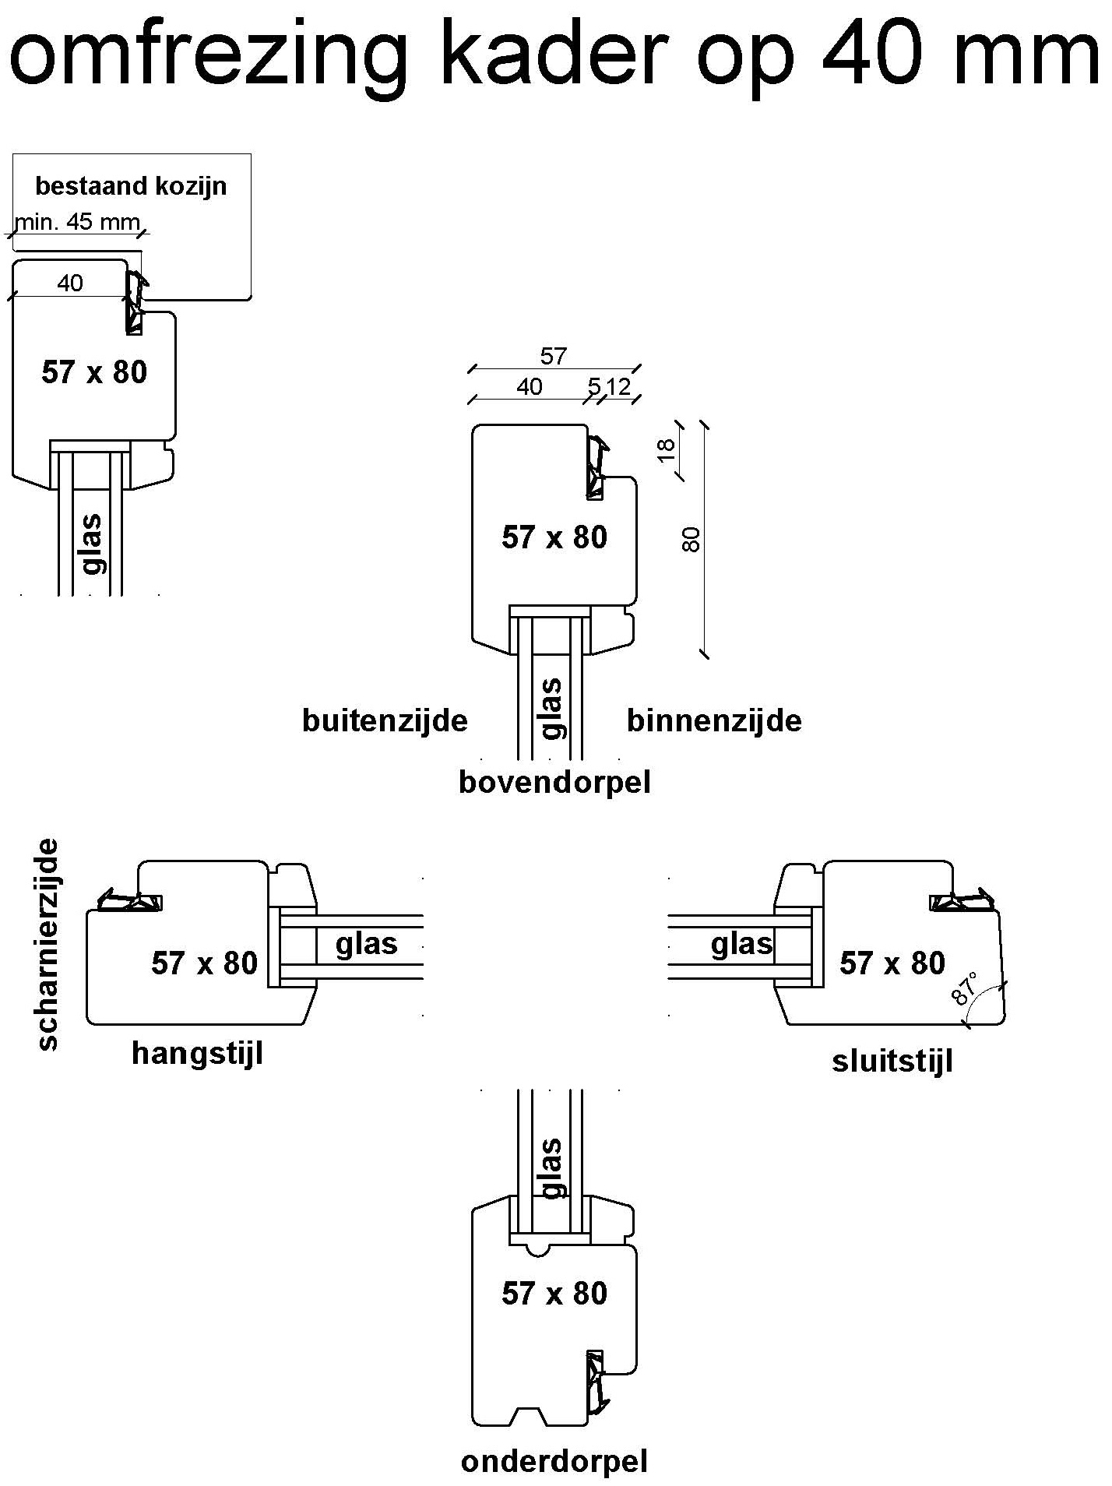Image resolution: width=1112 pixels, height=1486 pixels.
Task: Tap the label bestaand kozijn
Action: coord(131,186)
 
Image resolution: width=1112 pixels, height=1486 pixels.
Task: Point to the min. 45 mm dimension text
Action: coord(77,223)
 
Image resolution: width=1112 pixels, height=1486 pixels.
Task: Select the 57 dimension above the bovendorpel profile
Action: coord(553,357)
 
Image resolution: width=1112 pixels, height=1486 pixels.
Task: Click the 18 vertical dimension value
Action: coord(667,449)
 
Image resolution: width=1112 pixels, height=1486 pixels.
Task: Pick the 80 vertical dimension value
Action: coord(691,539)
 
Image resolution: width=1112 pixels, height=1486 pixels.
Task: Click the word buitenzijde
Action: coord(385,720)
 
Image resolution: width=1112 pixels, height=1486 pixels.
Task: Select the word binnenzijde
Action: coord(714,720)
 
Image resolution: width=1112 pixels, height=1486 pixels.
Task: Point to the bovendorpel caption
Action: coord(554,782)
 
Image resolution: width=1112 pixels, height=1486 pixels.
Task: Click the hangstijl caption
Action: coord(197,1053)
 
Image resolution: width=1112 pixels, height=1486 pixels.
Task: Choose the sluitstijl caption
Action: coord(892,1061)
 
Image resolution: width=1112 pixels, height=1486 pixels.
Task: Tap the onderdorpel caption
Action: coord(554,1462)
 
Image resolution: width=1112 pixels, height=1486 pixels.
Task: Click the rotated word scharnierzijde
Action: coord(48,944)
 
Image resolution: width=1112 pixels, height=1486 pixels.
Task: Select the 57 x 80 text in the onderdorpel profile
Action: coord(554,1293)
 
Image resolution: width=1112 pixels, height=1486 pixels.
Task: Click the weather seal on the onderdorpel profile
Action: coord(596,1381)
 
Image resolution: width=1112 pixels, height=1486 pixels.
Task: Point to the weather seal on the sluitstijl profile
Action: coord(964,901)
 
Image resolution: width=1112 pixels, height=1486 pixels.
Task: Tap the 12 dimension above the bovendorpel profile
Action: coord(619,386)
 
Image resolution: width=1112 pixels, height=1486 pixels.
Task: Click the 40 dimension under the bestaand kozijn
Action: coord(70,283)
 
